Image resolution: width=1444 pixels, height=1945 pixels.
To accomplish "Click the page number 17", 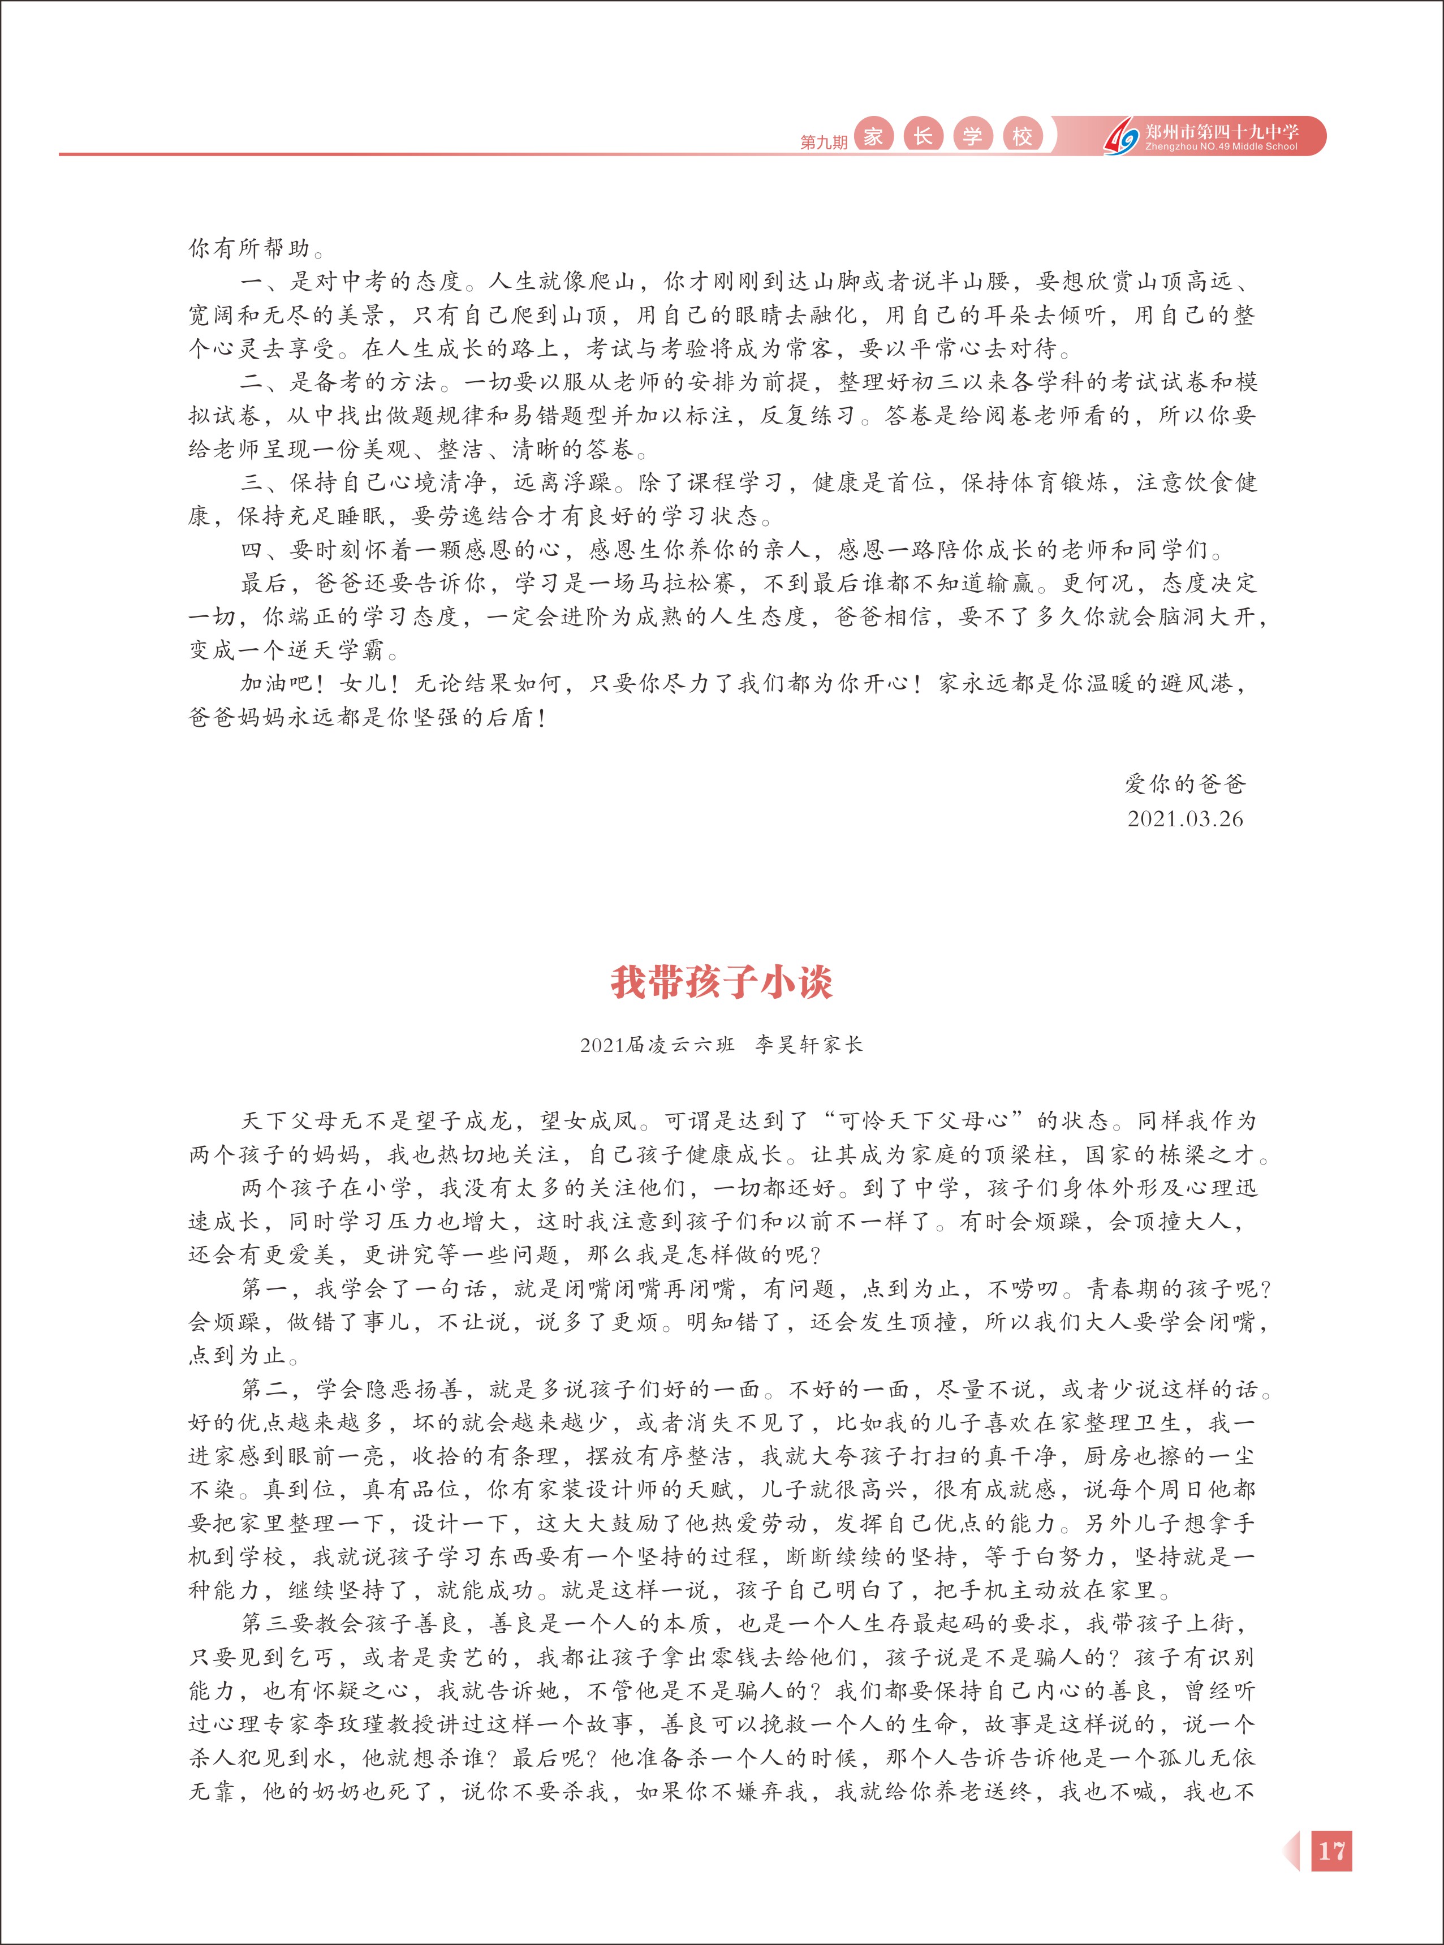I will point(1331,1851).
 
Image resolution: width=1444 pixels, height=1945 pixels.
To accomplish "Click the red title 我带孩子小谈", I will point(721,982).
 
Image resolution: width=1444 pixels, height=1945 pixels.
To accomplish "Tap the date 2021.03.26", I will point(1184,819).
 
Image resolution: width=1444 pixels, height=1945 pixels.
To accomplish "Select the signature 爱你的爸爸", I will point(1184,784).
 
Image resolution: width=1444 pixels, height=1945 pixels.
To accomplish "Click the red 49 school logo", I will point(1122,138).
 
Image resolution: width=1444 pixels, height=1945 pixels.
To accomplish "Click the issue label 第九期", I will point(824,141).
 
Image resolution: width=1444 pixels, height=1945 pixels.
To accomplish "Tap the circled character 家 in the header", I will point(872,136).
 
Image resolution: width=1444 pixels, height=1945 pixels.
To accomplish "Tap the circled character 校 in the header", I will point(1022,136).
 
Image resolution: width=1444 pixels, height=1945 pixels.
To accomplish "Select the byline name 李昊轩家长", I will point(808,1045).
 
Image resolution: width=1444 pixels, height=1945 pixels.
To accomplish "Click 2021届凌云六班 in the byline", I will point(657,1045).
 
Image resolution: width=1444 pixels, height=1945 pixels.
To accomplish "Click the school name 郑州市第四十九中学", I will point(1221,131).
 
